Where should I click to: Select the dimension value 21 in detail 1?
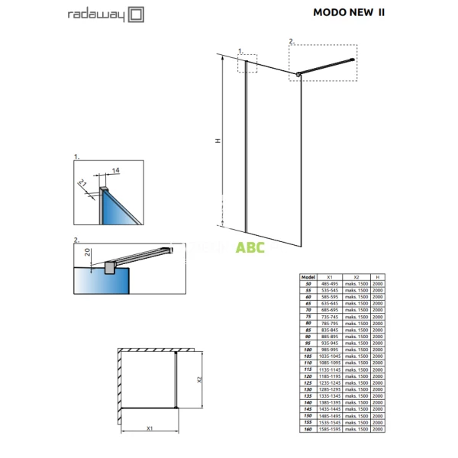pos(82,184)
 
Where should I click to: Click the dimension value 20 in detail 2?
pos(88,253)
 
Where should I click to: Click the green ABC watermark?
pos(249,248)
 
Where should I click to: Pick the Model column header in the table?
pos(308,279)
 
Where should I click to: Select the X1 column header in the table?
pos(329,279)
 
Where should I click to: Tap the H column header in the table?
pos(378,279)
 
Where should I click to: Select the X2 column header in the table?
pos(356,279)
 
